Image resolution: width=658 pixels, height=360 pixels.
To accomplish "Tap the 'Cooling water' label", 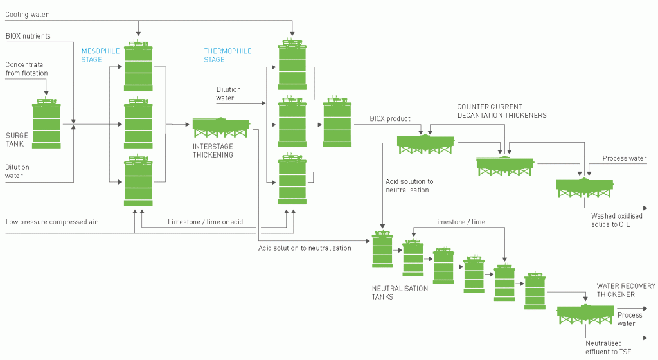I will pyautogui.click(x=26, y=14).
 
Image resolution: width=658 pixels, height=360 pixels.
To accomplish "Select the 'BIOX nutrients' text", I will pyautogui.click(x=28, y=36).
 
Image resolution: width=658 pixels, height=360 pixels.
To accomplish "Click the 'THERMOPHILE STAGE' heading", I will pyautogui.click(x=227, y=55).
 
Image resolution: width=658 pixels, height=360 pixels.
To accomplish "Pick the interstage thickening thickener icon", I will pyautogui.click(x=222, y=127).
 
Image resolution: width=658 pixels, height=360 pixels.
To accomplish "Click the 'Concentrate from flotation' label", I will pyautogui.click(x=26, y=69).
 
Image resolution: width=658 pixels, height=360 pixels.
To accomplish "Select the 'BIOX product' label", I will pyautogui.click(x=390, y=119).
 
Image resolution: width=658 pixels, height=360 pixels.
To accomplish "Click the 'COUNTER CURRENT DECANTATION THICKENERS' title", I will pyautogui.click(x=501, y=111).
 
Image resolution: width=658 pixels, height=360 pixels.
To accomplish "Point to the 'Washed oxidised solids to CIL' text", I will pyautogui.click(x=616, y=220).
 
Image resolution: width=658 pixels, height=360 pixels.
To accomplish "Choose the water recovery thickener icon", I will pyautogui.click(x=585, y=314).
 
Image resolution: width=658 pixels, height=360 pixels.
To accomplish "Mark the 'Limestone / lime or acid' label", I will pyautogui.click(x=206, y=222).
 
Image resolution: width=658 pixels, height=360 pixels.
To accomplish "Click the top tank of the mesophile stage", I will pyautogui.click(x=138, y=67).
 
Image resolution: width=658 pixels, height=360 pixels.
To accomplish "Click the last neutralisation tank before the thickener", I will pyautogui.click(x=535, y=292).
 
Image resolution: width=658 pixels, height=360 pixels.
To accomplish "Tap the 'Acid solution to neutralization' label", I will pyautogui.click(x=305, y=248).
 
